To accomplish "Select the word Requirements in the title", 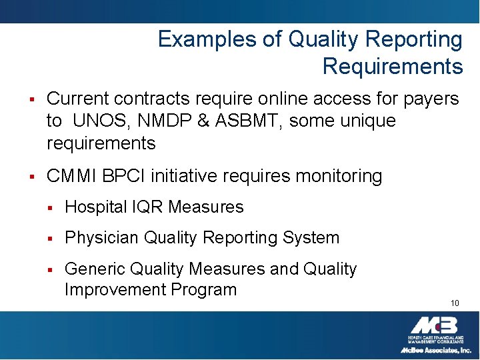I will point(392,67).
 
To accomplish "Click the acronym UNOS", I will point(97,121).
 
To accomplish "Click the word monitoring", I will point(339,177).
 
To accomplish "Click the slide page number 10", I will point(455,303).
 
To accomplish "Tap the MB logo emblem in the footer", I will point(433,326).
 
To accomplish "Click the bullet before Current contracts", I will point(31,100).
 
